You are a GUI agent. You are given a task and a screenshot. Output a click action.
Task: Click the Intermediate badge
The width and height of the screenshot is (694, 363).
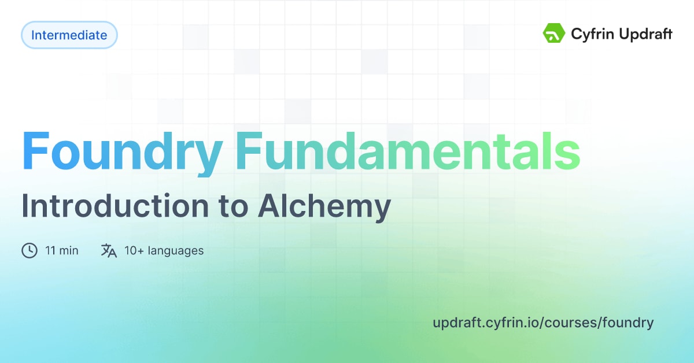tap(69, 35)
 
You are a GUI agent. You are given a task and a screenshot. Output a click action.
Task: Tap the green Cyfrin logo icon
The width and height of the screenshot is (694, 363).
tap(553, 34)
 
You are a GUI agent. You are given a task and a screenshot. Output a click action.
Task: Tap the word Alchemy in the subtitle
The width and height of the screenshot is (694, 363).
tap(324, 206)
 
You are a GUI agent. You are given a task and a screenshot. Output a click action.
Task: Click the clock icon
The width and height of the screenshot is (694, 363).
tap(29, 250)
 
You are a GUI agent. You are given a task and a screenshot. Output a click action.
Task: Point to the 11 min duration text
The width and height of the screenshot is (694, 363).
tap(61, 250)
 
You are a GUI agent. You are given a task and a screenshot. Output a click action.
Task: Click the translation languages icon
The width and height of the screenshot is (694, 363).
tap(109, 250)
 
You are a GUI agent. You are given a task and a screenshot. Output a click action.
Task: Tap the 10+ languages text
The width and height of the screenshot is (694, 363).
tap(164, 250)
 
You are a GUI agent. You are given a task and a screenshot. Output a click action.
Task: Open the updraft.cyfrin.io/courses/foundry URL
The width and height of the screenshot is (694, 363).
tap(542, 323)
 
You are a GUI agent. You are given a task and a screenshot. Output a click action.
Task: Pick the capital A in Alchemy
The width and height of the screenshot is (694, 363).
tap(267, 206)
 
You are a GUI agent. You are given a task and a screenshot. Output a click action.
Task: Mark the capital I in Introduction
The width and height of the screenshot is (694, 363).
tap(25, 206)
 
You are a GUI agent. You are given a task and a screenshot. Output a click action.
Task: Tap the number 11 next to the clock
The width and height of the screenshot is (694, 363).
tap(50, 250)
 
